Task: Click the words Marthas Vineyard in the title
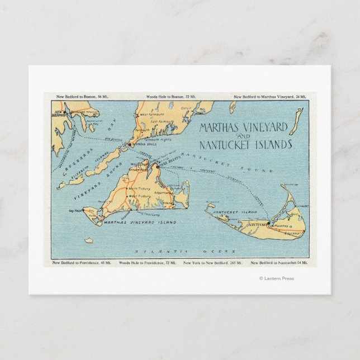tap(244, 128)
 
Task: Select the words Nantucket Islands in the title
tap(246, 145)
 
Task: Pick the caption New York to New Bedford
tap(212, 262)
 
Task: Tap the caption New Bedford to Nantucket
tap(280, 262)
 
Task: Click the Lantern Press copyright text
tap(276, 278)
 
